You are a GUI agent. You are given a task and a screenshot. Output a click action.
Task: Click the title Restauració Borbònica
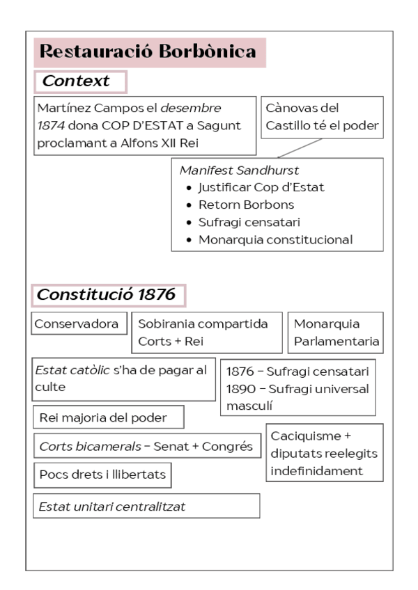coord(148,51)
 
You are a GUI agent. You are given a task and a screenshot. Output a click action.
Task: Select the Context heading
coord(77,81)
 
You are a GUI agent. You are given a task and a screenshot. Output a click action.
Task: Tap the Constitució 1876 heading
coord(106,294)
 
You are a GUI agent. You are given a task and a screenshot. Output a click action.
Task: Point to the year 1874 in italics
coord(52,125)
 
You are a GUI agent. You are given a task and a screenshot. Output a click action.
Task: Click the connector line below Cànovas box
coord(299,147)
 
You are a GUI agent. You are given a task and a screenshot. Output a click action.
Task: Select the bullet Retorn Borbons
coord(246,205)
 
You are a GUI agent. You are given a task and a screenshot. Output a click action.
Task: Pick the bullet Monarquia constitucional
coord(275,240)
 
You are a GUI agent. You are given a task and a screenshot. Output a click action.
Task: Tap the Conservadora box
coord(77,324)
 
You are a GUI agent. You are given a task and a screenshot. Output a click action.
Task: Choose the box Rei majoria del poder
coord(102,417)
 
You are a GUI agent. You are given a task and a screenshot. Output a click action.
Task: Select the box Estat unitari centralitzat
coord(112,507)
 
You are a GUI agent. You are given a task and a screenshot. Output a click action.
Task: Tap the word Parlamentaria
coord(336,342)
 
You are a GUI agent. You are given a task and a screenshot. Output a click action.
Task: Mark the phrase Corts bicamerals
coord(77,446)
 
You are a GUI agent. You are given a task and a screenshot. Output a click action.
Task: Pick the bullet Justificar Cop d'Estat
coord(261,187)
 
